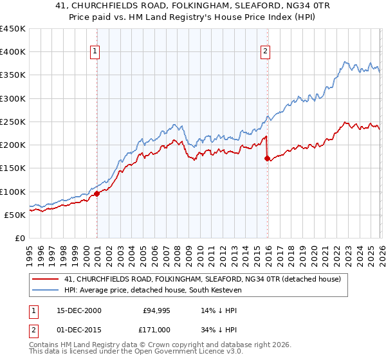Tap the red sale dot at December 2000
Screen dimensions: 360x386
pos(96,194)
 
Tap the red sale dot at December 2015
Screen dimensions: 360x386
pos(267,158)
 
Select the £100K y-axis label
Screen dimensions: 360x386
pos(13,192)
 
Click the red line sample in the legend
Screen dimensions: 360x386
pos(46,278)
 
